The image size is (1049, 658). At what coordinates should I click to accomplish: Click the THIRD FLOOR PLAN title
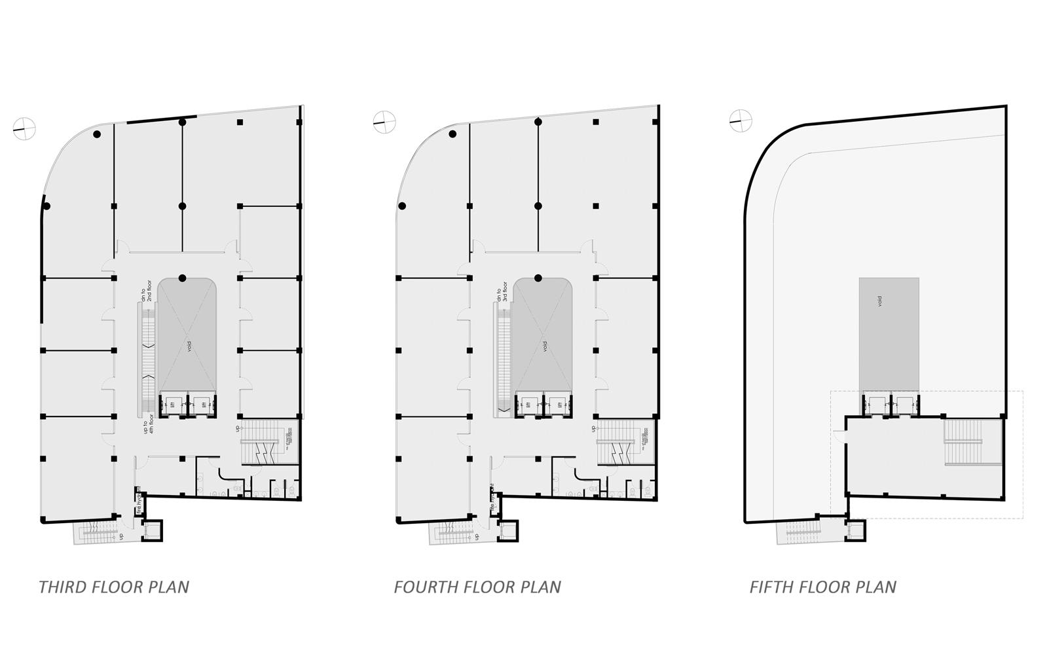coord(114,587)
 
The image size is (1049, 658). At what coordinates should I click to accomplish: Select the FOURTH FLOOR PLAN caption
coord(477,587)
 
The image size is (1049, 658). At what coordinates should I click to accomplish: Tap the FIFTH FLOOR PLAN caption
coord(822,587)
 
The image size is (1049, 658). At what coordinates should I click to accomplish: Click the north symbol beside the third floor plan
coord(24,128)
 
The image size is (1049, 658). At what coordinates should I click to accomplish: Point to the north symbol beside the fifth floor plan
coord(741,120)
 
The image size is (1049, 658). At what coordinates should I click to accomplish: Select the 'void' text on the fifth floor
coord(879,301)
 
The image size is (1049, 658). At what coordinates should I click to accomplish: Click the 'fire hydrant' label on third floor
coord(139,502)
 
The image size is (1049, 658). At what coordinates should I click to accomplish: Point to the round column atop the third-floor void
coord(182,278)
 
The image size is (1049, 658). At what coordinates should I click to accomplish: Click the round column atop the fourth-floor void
coord(538,278)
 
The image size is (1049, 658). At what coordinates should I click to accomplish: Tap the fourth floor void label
coord(545,346)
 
